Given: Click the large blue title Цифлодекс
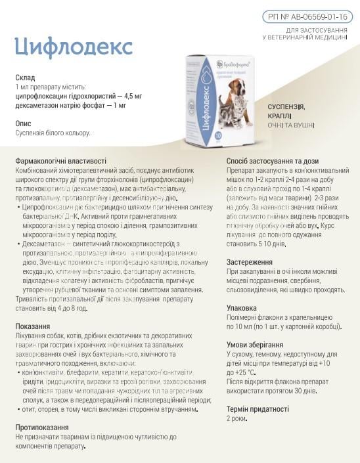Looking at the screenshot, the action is point(74,47).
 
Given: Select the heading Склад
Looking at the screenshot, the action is point(25,77).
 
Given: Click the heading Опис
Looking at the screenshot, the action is point(24,123).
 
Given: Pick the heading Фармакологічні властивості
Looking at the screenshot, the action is point(60,161).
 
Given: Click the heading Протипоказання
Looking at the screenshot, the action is point(42,427).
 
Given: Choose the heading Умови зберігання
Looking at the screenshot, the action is point(255,344).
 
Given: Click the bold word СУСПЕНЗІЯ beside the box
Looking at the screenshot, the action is point(286,106).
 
